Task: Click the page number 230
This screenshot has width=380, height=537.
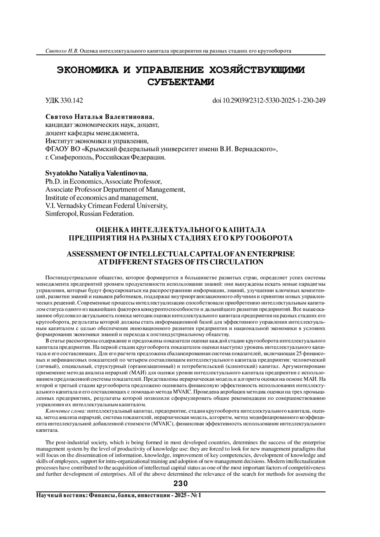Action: (181, 484)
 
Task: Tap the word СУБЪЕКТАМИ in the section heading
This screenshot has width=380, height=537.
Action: (181, 82)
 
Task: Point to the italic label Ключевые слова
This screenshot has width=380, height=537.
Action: (66, 411)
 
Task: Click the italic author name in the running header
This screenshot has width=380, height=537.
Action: (62, 51)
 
